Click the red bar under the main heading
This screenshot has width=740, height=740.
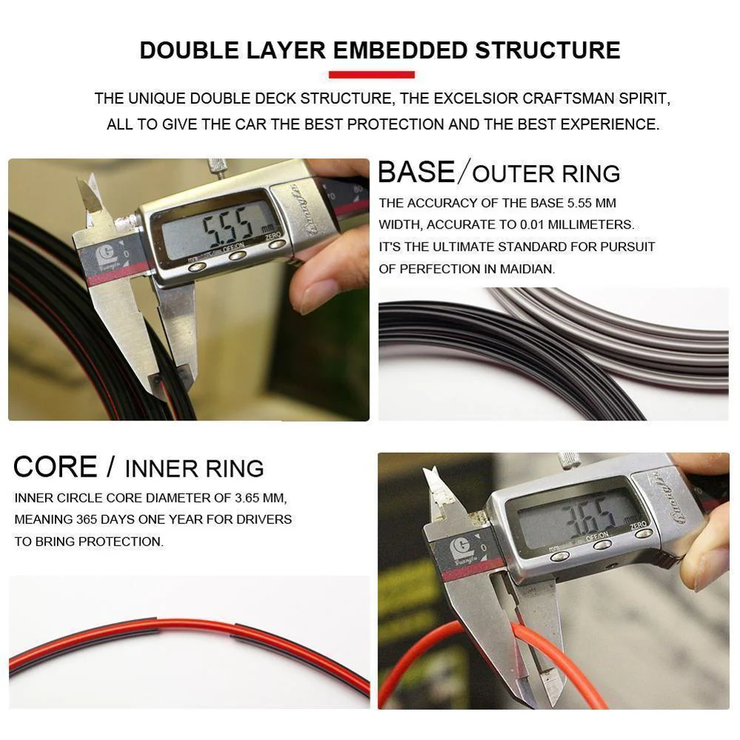tap(371, 74)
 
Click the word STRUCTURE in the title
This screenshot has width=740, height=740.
tap(548, 50)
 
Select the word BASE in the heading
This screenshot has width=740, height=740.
tap(416, 172)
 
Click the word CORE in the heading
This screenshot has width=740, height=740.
tap(55, 467)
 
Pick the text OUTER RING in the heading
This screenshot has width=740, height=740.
tap(546, 174)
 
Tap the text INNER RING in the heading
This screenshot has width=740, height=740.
tap(194, 468)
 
